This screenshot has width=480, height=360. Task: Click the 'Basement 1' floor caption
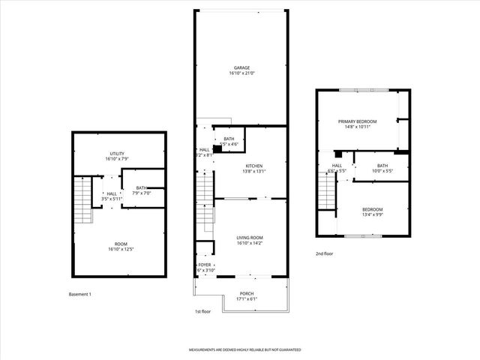point(79,294)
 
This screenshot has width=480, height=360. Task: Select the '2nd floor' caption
point(324,253)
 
